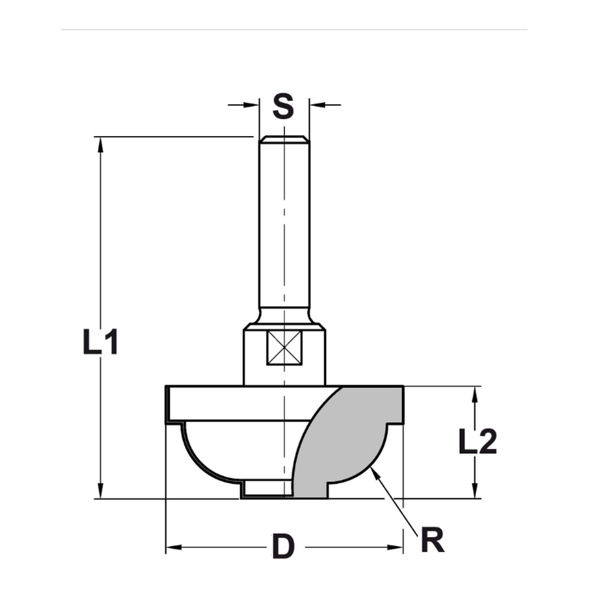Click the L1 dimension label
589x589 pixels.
pyautogui.click(x=101, y=342)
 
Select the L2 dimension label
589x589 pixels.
pyautogui.click(x=478, y=442)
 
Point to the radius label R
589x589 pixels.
pyautogui.click(x=432, y=541)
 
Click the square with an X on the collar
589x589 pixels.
pyautogui.click(x=284, y=348)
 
